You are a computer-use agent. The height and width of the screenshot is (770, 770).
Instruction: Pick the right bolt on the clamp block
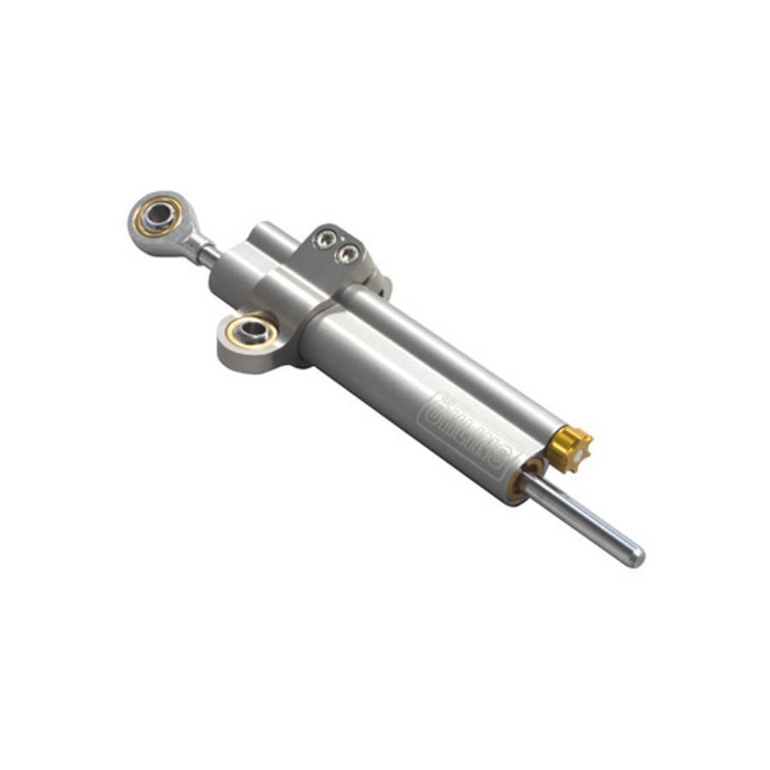point(347,252)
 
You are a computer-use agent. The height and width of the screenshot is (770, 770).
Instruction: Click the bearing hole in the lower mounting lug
point(249,329)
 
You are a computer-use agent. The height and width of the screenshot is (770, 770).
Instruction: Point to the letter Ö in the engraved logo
point(438,401)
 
